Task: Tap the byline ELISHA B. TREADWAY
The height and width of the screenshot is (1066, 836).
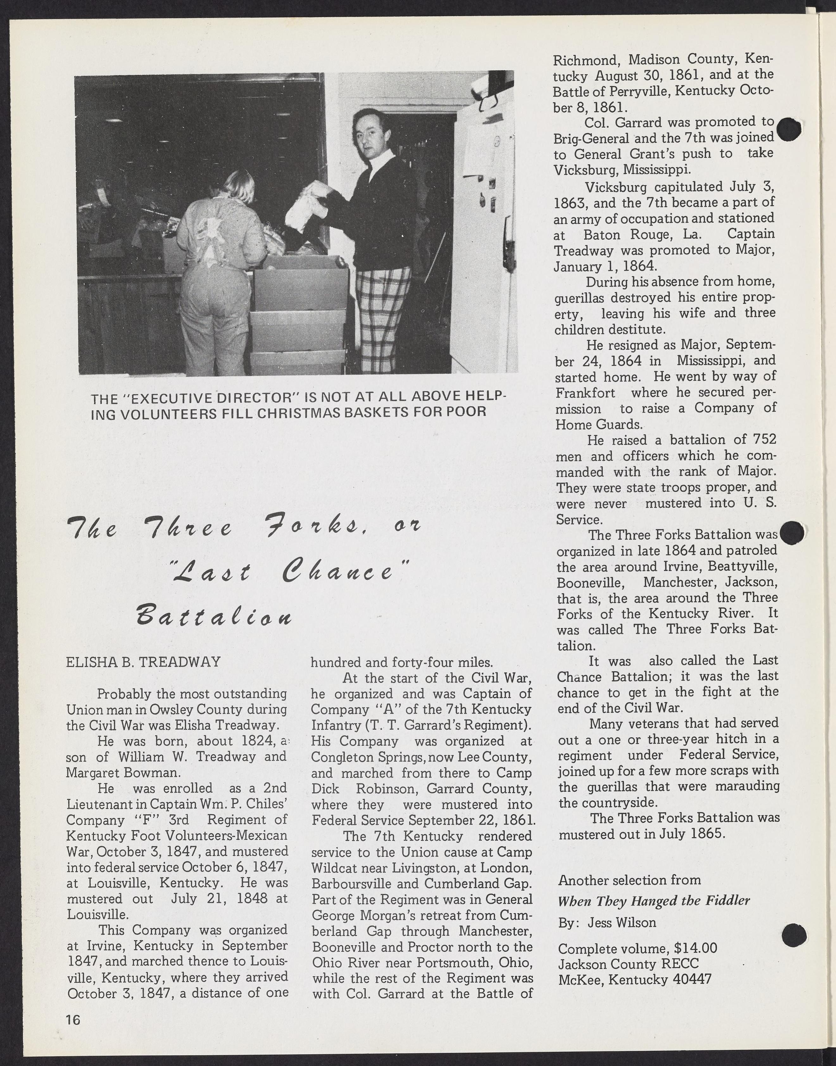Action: click(x=143, y=662)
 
